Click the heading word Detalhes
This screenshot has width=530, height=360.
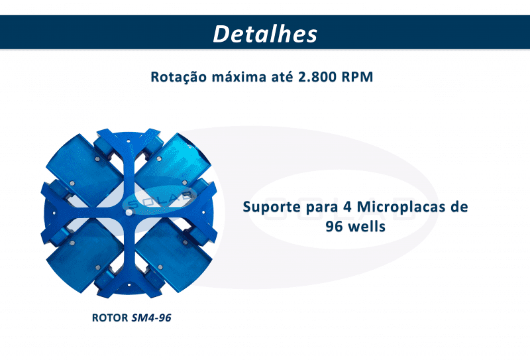265,34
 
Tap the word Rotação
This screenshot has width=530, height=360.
178,77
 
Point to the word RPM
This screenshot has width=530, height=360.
357,77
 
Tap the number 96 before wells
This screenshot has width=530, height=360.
334,226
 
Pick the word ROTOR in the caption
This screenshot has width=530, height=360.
110,318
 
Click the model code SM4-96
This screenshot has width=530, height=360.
152,318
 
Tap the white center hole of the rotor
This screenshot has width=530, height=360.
129,212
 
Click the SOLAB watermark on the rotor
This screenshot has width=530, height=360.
160,200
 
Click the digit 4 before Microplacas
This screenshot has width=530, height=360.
347,207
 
